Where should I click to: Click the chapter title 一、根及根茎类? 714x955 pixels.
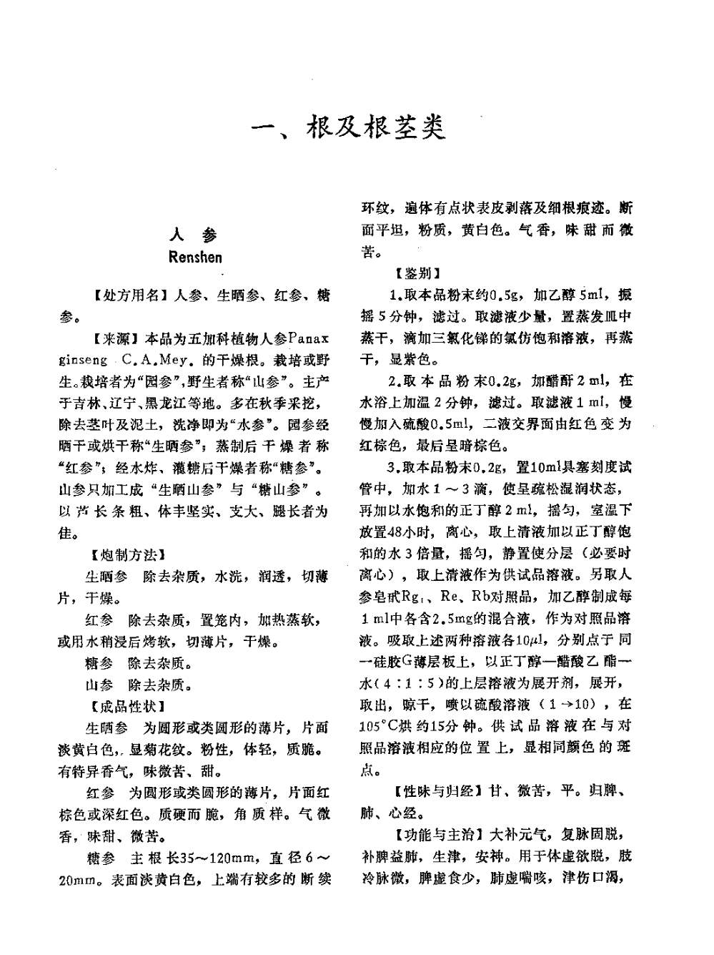coord(350,126)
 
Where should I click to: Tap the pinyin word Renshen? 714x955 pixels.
coord(196,257)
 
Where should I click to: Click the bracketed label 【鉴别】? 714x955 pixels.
coord(417,273)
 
